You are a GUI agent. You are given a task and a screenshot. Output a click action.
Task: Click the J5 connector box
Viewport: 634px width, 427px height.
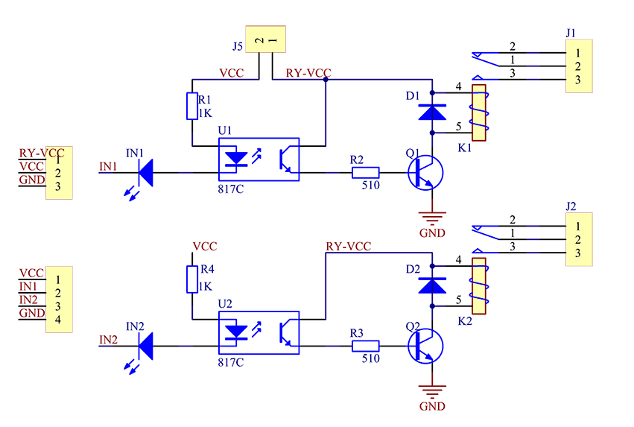266,39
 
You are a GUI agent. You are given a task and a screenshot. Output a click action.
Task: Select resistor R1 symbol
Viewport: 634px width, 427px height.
192,106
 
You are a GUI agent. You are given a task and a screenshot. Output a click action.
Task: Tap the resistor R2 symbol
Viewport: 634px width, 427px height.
366,173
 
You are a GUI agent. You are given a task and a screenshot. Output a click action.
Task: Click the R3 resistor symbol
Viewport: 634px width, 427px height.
366,346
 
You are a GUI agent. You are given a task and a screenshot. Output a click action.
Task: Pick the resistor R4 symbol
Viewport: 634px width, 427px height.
192,279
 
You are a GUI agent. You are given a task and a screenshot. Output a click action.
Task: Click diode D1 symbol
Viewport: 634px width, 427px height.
432,113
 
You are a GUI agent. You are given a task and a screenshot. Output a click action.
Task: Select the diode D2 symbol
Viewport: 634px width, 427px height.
432,285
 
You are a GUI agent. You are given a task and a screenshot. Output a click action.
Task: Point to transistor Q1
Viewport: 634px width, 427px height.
425,173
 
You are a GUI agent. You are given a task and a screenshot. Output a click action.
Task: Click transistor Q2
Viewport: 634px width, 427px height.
425,346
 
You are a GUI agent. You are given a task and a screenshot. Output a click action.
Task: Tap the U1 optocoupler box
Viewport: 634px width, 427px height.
259,159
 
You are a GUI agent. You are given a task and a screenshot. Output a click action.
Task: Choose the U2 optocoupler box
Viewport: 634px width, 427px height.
259,333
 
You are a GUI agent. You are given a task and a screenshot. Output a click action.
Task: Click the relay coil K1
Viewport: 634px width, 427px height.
480,113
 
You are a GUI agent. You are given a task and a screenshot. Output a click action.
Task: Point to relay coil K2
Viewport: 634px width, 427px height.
480,286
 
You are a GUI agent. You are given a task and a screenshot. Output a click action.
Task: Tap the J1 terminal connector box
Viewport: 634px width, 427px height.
579,66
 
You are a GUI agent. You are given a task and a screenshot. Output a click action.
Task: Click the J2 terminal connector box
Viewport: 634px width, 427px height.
579,239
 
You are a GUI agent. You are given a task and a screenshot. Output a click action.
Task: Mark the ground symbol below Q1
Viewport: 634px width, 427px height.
432,218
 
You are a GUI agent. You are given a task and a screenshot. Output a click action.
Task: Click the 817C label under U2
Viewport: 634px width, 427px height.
231,362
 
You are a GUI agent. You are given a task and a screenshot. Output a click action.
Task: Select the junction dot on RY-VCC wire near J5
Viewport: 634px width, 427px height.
326,80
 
